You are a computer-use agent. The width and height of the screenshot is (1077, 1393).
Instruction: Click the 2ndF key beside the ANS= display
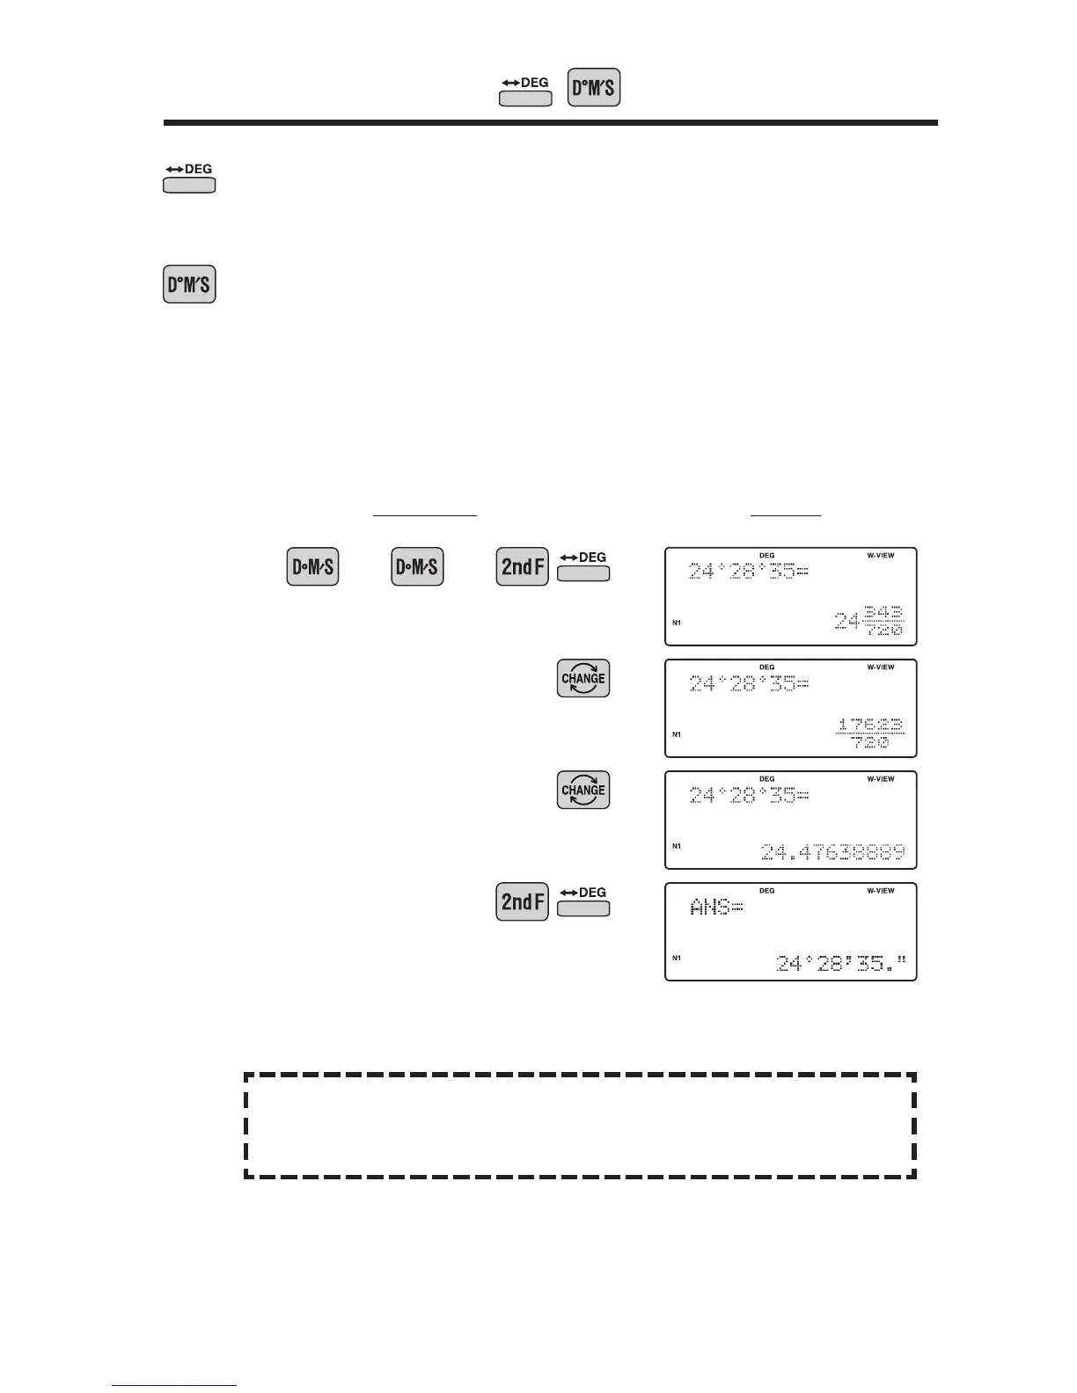[522, 902]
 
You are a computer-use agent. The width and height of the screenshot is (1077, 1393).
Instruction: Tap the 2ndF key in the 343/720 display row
[522, 567]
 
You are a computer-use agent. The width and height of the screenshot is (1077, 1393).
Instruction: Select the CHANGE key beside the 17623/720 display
[583, 679]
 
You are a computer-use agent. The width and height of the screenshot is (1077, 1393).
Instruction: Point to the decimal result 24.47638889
[832, 852]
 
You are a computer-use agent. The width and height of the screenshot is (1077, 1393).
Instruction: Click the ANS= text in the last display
[716, 908]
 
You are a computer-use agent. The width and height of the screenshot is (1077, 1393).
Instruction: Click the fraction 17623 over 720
[870, 733]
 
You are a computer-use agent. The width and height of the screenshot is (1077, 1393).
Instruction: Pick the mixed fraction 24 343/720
[868, 622]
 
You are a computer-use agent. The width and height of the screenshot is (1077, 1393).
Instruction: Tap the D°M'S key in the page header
[594, 88]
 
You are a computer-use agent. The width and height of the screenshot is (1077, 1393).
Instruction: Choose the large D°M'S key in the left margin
[189, 284]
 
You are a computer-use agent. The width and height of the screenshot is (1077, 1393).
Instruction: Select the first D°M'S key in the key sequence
[312, 567]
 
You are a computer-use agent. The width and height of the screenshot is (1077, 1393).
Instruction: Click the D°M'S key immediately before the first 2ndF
[417, 567]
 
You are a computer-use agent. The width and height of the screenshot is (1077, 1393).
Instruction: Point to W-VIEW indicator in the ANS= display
[880, 891]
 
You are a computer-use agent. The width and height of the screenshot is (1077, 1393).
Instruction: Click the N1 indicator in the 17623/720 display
[677, 734]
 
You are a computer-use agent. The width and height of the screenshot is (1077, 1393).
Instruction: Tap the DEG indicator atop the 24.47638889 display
[766, 779]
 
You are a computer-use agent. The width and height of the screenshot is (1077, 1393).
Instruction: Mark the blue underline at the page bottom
[174, 1386]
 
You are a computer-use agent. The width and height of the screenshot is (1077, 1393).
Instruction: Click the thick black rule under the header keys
[550, 123]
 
